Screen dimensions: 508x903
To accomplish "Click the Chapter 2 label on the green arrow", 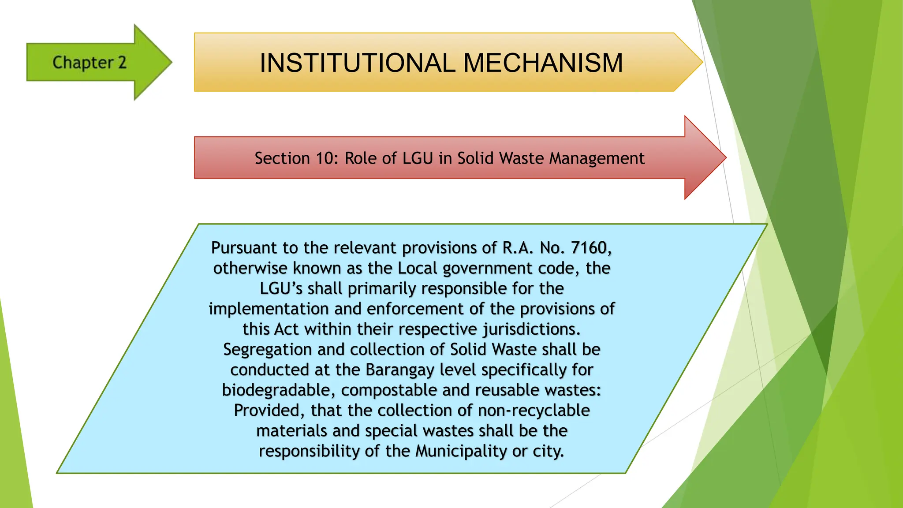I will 90,63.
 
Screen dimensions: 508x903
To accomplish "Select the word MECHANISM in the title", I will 543,63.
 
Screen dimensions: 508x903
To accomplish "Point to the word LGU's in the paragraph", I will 281,288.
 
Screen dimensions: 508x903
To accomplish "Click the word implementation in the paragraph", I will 269,309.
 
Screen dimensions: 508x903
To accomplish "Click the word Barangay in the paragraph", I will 400,370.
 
